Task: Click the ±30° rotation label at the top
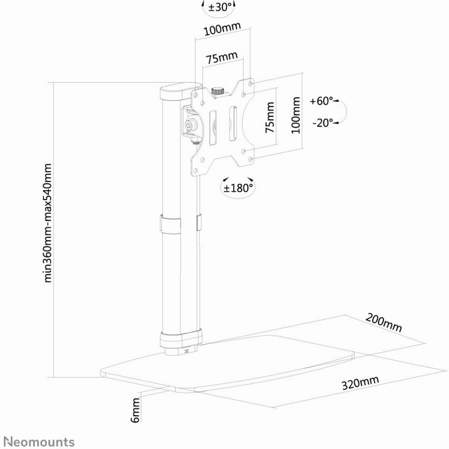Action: pos(220,7)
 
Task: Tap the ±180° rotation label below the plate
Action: pos(238,188)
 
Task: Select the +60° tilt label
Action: pos(321,101)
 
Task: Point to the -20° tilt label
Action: pos(323,123)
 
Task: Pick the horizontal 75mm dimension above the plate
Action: pos(222,58)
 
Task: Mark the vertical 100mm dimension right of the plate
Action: pos(295,115)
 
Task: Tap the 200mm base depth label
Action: pos(384,323)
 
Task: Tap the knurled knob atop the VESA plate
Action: pos(218,91)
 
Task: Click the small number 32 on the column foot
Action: pos(187,351)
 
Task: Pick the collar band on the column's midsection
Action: pos(171,223)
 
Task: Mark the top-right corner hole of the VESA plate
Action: pos(251,83)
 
